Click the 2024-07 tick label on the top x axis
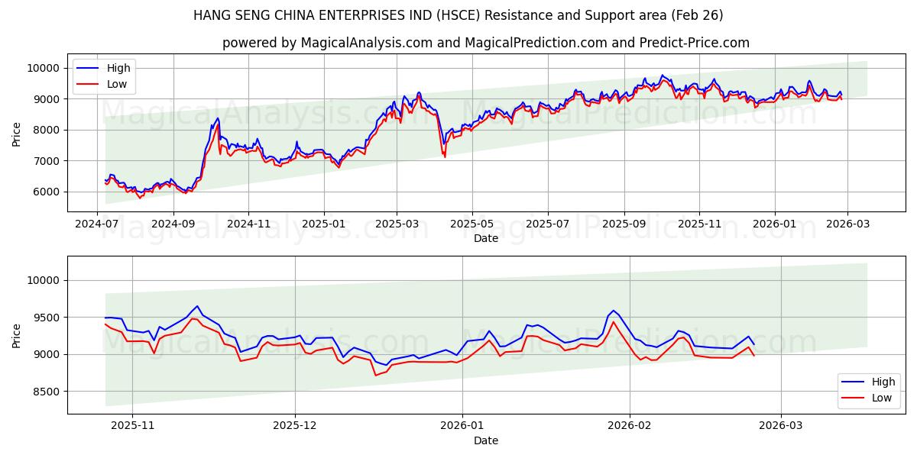97,224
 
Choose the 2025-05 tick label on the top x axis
471,224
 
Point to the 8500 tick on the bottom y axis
46,392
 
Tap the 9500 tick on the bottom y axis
46,318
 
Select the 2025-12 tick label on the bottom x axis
294,426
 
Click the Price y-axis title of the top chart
17,134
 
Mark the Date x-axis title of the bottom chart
486,440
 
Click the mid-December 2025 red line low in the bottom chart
375,375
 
